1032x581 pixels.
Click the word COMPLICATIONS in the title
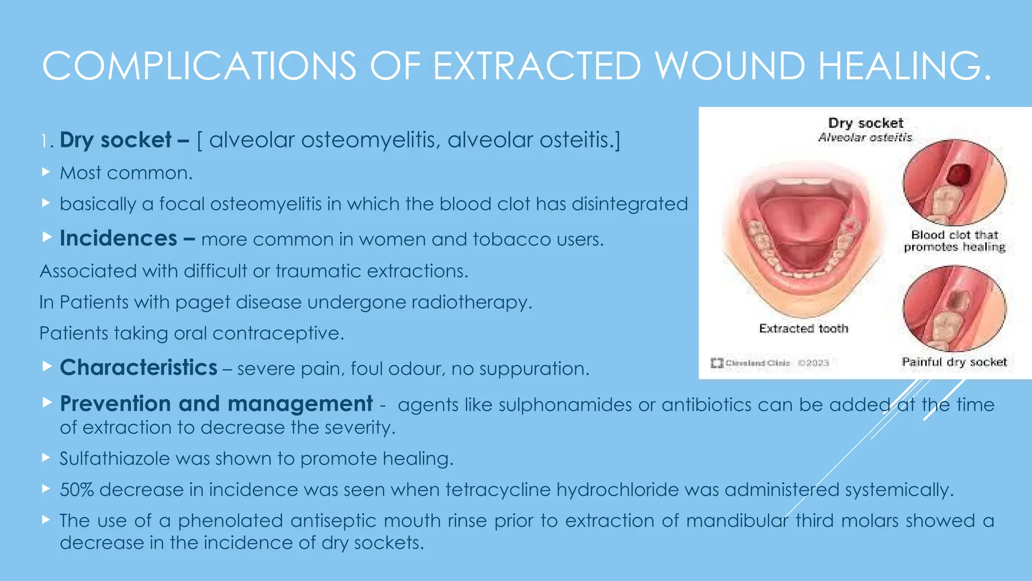[199, 66]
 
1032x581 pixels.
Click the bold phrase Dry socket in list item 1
[115, 140]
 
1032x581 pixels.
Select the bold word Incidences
[118, 238]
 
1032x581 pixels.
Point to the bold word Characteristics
[139, 367]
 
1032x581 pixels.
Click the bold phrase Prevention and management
[216, 403]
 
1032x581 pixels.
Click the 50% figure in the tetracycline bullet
[77, 490]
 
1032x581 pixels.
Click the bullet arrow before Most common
[46, 172]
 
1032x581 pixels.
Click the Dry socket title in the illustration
[865, 123]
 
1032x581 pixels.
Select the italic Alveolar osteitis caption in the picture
[865, 137]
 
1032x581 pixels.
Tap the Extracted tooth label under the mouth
[803, 328]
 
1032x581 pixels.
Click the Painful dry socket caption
[954, 362]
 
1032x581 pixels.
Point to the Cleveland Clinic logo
[717, 363]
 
